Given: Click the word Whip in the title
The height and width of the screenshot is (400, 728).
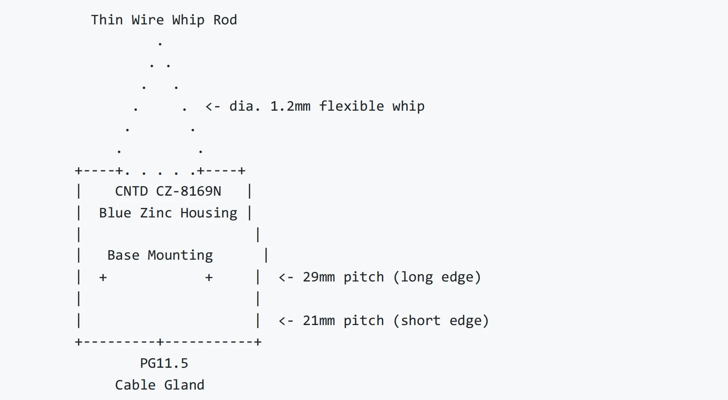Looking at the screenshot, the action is [x=188, y=20].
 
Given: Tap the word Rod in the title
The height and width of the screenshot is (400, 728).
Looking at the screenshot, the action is [x=225, y=20].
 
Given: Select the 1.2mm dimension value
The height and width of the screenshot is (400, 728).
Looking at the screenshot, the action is [x=290, y=106].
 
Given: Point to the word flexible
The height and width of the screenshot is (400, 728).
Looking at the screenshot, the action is [x=351, y=106].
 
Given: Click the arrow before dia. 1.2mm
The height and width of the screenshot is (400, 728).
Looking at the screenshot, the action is [x=213, y=107].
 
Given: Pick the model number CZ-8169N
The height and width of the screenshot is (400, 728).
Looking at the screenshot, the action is [x=188, y=191].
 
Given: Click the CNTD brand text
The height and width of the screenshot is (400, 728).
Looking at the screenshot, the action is [x=131, y=191].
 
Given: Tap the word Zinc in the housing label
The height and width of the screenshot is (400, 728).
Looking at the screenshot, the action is [x=156, y=213].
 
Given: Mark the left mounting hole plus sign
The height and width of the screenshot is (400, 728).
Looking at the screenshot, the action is [x=103, y=278].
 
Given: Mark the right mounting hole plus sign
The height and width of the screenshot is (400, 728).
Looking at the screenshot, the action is [x=209, y=278].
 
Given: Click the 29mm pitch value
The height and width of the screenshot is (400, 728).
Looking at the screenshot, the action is [x=319, y=277].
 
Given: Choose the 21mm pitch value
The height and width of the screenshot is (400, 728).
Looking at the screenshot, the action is [x=319, y=321].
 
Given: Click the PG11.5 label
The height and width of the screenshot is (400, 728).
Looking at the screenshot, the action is [x=164, y=363].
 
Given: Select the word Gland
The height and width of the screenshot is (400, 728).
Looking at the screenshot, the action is [x=184, y=385].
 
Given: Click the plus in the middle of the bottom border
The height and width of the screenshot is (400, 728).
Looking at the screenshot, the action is [x=160, y=342].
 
